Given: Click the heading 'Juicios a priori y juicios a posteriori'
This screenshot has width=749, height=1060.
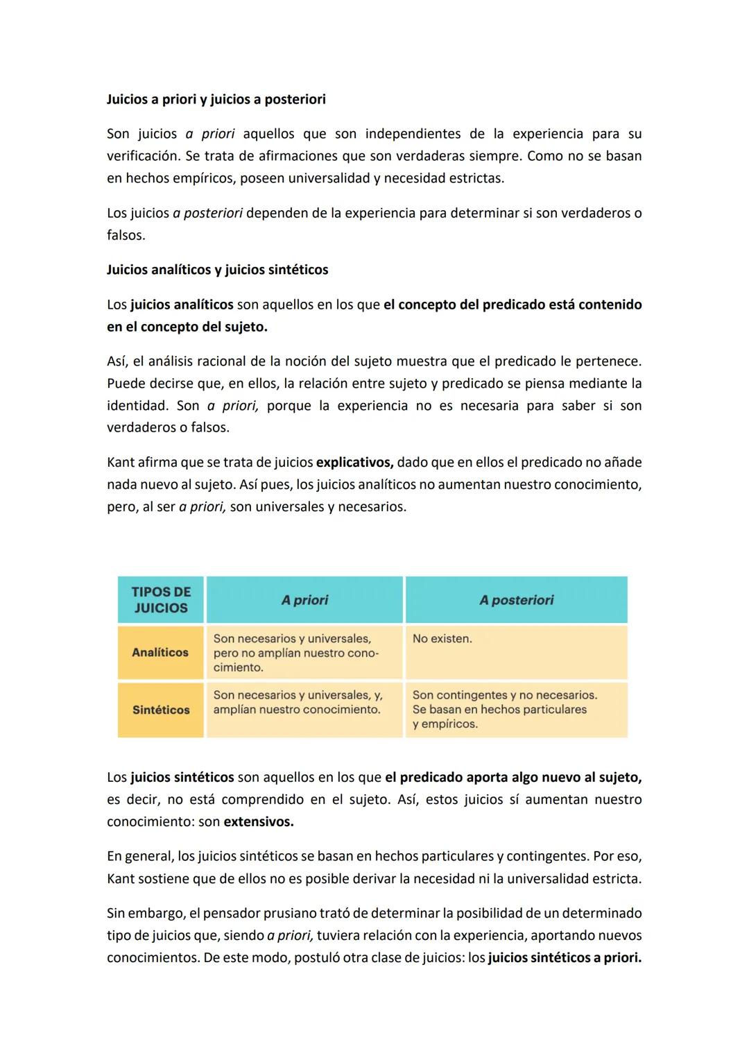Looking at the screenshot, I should coord(216,99).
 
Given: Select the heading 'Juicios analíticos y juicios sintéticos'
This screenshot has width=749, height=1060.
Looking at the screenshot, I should coord(217,270).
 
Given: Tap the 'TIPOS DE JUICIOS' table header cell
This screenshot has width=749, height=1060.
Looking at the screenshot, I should coord(161,600).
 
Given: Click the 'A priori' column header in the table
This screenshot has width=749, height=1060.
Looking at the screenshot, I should coord(304,600).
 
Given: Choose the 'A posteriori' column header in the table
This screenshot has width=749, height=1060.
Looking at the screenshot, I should coord(516,600).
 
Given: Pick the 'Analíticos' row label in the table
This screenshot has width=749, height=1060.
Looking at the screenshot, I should coord(160,652).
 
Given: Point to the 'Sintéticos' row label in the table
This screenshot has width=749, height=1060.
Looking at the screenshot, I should coord(161,710).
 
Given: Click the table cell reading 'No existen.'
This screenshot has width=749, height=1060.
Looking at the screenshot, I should coord(442,638).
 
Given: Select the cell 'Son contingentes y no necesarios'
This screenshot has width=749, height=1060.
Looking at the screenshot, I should coord(504,695).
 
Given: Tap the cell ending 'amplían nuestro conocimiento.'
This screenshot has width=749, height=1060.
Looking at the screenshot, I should coord(298,702).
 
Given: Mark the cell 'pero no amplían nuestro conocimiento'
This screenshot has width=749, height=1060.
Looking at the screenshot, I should coord(296,653).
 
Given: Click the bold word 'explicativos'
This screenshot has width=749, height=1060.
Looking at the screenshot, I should coord(354,462).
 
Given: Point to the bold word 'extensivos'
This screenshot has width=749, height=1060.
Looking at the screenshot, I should coord(258,821).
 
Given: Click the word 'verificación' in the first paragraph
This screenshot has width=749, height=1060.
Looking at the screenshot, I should coord(144,156).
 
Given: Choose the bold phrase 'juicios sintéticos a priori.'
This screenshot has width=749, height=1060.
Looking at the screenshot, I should coord(565,957).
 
